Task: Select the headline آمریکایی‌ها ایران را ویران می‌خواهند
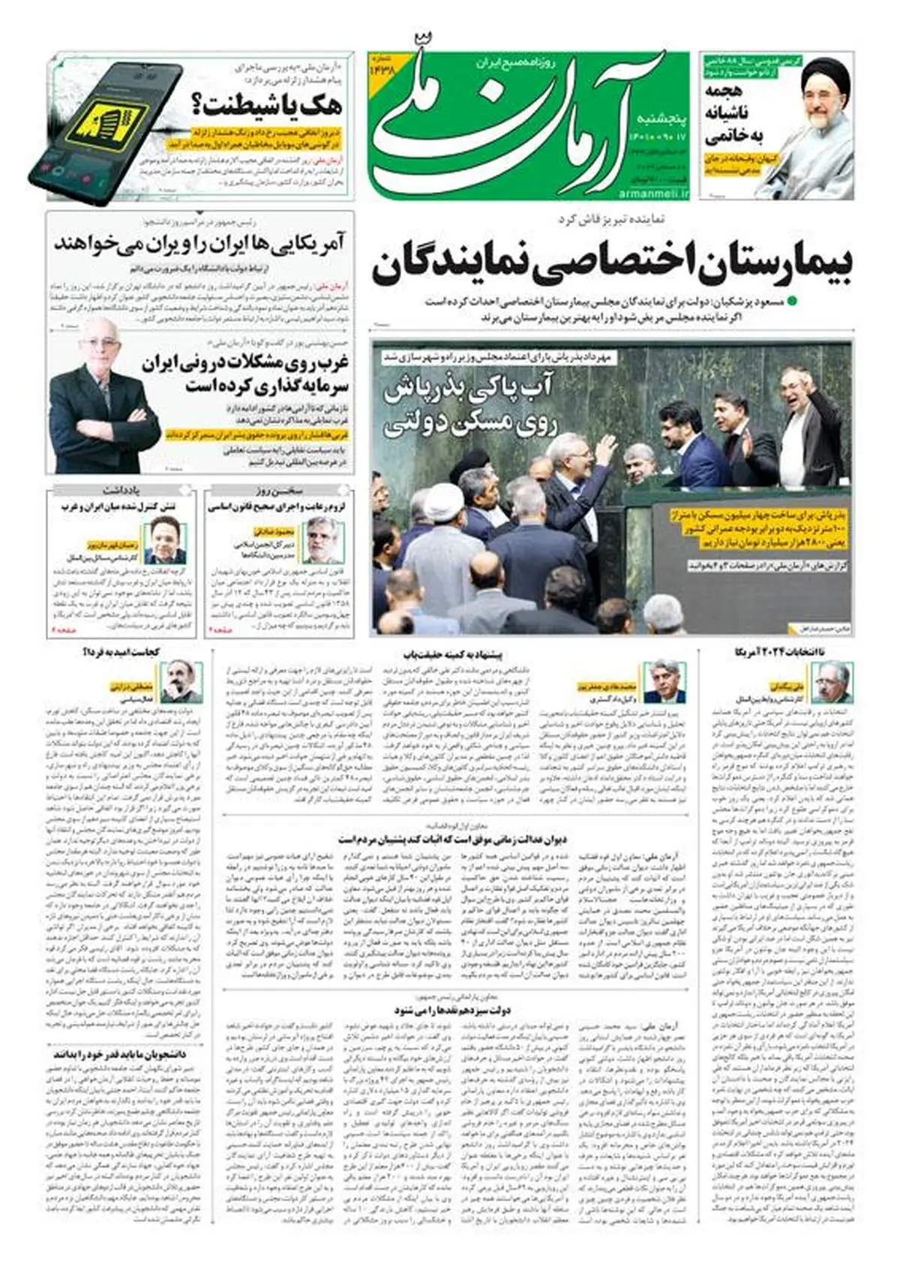tap(199, 244)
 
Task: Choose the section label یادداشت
tap(123, 491)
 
